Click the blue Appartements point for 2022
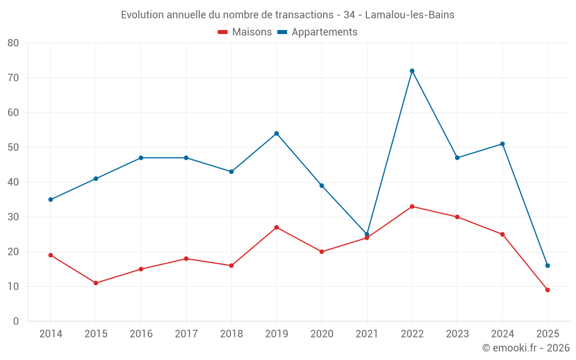[x=412, y=71]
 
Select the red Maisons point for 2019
[x=276, y=228]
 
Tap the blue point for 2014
[x=51, y=199]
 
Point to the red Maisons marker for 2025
[x=547, y=290]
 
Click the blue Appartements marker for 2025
[x=547, y=266]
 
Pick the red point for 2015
[x=96, y=283]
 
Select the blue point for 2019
[x=276, y=134]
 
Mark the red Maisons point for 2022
[x=412, y=206]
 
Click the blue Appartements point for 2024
[x=502, y=144]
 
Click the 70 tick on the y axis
[x=13, y=78]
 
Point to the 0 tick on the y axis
[x=16, y=321]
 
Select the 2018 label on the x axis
[x=231, y=334]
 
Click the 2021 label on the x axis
[x=367, y=334]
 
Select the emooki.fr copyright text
[x=525, y=348]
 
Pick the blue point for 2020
[x=321, y=185]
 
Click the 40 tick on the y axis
[x=13, y=182]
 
